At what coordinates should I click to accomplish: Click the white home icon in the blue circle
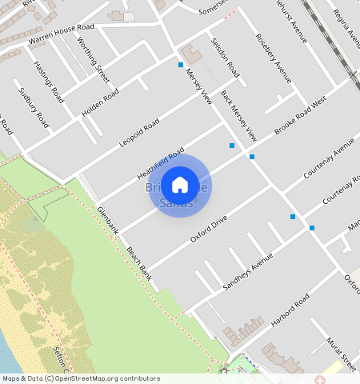pos(180,185)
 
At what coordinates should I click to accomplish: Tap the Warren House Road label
pos(61,34)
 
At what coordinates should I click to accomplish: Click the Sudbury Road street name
pos(34,107)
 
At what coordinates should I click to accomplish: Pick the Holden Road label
pos(100,101)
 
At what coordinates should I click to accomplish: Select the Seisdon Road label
pos(225,57)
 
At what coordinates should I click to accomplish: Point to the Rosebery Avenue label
pos(273,58)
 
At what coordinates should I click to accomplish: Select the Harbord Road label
pos(290,310)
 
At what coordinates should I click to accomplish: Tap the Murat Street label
pos(340,354)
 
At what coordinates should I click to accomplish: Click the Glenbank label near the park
pos(107,219)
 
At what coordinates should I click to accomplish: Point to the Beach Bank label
pos(139,262)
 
